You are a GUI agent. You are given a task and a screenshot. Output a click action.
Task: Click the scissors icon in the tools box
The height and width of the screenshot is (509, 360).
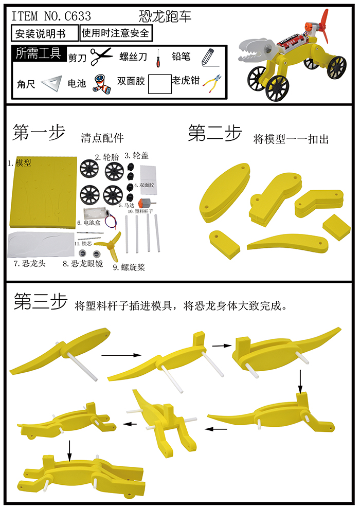point(101,57)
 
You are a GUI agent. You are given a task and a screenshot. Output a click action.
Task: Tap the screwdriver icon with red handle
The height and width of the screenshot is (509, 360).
point(158,58)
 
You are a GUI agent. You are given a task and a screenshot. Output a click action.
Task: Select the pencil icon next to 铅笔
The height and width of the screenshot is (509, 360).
point(207,56)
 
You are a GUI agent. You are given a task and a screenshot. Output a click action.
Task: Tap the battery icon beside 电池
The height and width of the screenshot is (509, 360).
point(101,83)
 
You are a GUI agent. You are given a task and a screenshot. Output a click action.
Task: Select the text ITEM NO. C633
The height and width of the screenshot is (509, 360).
point(51,16)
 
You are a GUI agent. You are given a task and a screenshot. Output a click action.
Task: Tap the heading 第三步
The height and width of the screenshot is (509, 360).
point(40,302)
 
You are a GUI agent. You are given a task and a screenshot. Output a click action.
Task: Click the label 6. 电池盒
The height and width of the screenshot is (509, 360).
point(92,223)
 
